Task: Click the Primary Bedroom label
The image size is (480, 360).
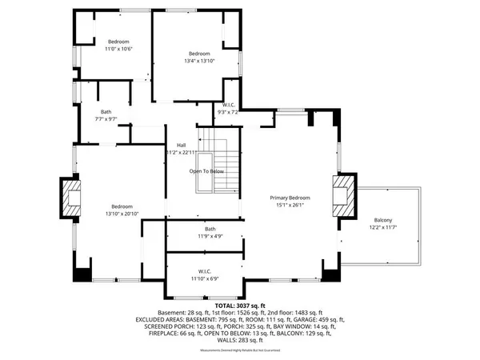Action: (288, 198)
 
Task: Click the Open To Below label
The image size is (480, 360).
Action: (206, 171)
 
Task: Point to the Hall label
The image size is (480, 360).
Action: (182, 145)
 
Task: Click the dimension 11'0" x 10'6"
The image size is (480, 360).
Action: (118, 50)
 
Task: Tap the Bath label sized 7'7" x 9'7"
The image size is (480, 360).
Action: (106, 111)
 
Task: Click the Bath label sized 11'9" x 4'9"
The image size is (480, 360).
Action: (210, 229)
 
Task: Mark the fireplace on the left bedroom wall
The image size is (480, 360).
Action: (71, 196)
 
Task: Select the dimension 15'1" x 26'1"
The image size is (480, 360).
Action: (288, 206)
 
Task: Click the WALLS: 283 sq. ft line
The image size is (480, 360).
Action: (240, 342)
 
